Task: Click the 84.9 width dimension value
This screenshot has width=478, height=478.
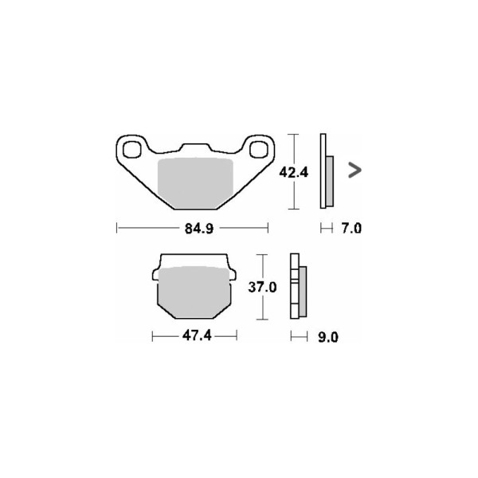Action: tap(199, 229)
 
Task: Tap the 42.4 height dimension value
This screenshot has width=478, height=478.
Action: tap(294, 173)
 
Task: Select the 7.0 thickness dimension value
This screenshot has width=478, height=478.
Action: tap(351, 229)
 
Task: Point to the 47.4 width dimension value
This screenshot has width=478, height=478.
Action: tap(197, 336)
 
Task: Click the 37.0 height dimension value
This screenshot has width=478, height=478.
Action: tap(262, 287)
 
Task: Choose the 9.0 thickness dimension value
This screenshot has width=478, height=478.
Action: tap(328, 338)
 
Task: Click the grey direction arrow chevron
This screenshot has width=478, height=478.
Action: tap(355, 170)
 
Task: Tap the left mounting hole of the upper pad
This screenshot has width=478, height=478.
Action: tap(131, 150)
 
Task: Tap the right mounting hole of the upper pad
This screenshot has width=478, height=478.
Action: tap(258, 150)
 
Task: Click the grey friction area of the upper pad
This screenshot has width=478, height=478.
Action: tap(195, 183)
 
